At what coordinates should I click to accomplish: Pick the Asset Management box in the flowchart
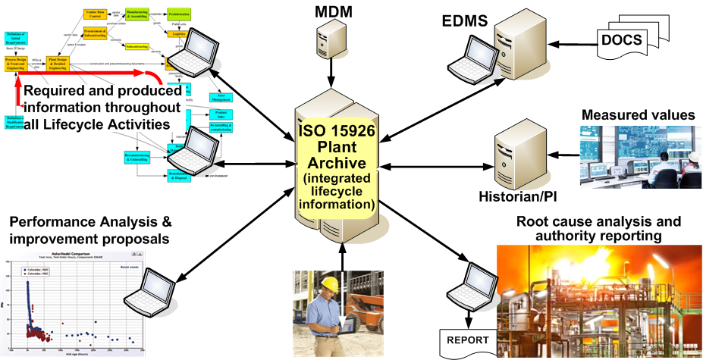(199, 97)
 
